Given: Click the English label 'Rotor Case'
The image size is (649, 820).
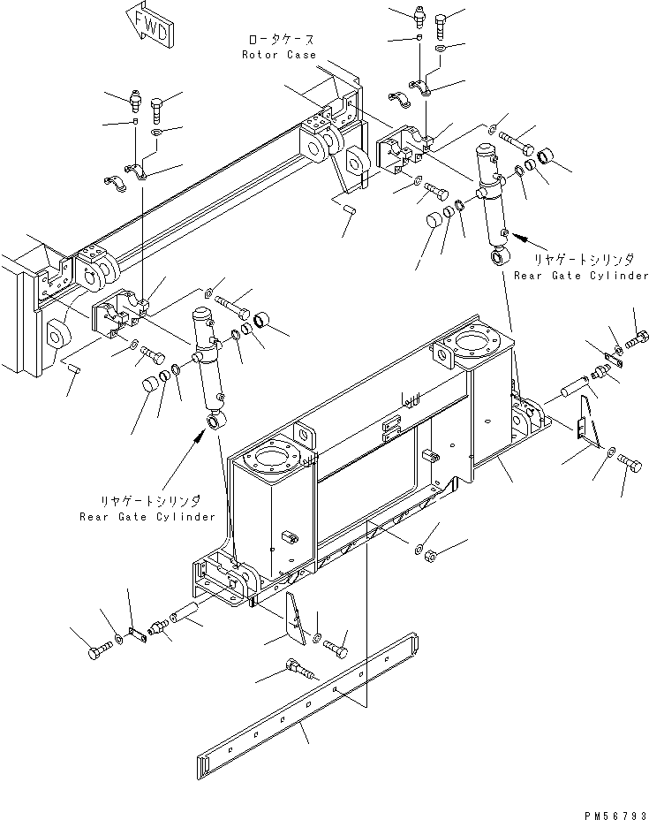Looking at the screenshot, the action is point(279,55).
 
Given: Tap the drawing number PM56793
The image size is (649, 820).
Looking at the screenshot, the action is point(616,815).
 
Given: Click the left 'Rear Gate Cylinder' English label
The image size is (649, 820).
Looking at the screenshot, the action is point(147,517).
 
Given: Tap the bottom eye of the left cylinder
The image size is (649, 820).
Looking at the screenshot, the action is point(216,420).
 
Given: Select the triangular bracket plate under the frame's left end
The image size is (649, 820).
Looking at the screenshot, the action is point(295,619).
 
